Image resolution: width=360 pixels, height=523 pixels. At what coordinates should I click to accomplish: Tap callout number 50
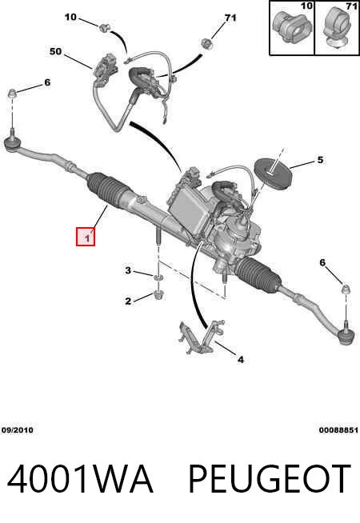pos(56,52)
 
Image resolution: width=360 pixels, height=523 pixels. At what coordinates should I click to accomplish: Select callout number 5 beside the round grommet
pos(320,160)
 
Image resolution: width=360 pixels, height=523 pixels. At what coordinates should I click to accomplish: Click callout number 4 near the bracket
pos(241,359)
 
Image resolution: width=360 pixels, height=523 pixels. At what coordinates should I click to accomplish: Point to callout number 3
pos(128,270)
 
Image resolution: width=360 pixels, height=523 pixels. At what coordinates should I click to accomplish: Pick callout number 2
pos(128,301)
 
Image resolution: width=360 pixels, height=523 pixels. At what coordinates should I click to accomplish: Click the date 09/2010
pos(18,430)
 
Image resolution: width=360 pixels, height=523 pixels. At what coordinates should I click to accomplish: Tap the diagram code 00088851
pos(338,430)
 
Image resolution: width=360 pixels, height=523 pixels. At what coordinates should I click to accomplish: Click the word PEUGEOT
pos(270,479)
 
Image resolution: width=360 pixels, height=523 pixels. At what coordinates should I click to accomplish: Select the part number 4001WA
pos(80,479)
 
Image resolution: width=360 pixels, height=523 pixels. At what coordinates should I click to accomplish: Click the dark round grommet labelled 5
pos(273,174)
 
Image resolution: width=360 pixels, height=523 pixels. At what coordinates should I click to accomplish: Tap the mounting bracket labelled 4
pos(201,337)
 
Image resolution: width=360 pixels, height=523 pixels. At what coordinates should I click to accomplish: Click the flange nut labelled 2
pos(158,295)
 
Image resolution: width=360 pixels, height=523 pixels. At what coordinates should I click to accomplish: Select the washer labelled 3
pos(158,277)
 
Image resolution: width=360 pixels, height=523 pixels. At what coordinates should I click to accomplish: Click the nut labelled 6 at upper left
pos(12,94)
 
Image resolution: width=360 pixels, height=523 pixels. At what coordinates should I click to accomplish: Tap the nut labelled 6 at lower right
pos(346,289)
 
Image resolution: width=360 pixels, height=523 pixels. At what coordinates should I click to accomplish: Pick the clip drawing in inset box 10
pos(291,26)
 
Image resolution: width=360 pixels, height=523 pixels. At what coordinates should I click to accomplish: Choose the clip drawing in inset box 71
pos(336,27)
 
